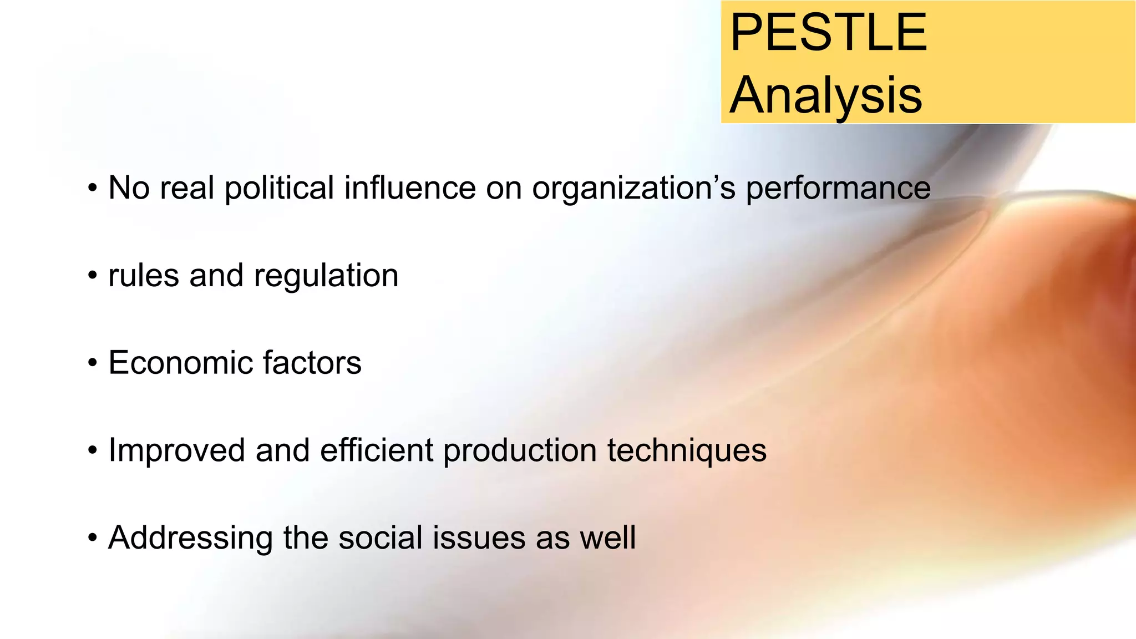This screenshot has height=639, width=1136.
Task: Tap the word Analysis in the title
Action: (x=825, y=95)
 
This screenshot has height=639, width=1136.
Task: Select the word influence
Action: (x=410, y=187)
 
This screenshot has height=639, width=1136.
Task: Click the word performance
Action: (x=838, y=189)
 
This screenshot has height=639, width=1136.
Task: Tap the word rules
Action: (x=144, y=275)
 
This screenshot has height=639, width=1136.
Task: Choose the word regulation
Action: (x=326, y=276)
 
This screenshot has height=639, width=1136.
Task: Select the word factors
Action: (x=312, y=363)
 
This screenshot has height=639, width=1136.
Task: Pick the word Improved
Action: (x=176, y=450)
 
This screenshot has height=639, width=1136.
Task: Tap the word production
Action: (x=520, y=450)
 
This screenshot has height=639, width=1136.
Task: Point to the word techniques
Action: (x=687, y=450)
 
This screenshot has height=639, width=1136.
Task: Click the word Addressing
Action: (x=191, y=538)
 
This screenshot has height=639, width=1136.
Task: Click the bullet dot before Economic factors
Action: (x=93, y=364)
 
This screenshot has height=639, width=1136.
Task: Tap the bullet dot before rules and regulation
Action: (x=93, y=276)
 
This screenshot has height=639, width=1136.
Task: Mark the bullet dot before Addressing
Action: (x=93, y=538)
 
